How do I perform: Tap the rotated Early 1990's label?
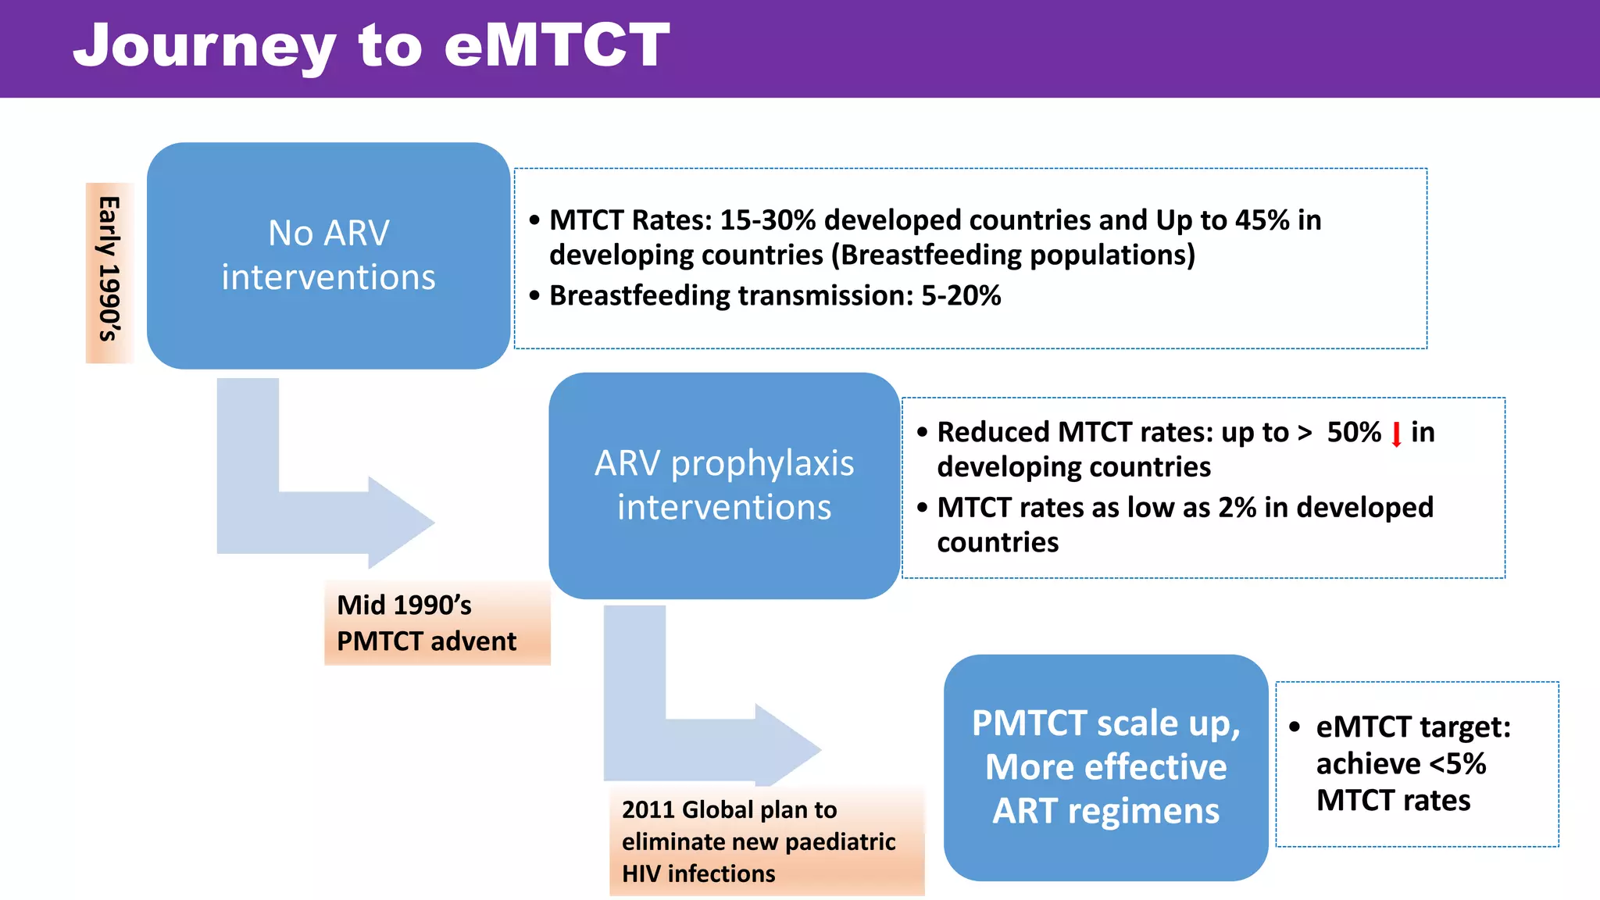(x=109, y=270)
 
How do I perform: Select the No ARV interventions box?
(x=328, y=255)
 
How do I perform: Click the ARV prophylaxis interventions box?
(x=723, y=485)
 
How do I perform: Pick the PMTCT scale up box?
(x=1105, y=767)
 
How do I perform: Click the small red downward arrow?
(x=1396, y=434)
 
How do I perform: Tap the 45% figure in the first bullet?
(x=1262, y=220)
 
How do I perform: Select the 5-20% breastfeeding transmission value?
(x=961, y=296)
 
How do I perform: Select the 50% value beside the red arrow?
(x=1354, y=432)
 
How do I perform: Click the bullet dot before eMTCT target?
(x=1295, y=727)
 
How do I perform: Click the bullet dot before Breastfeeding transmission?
(x=534, y=296)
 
